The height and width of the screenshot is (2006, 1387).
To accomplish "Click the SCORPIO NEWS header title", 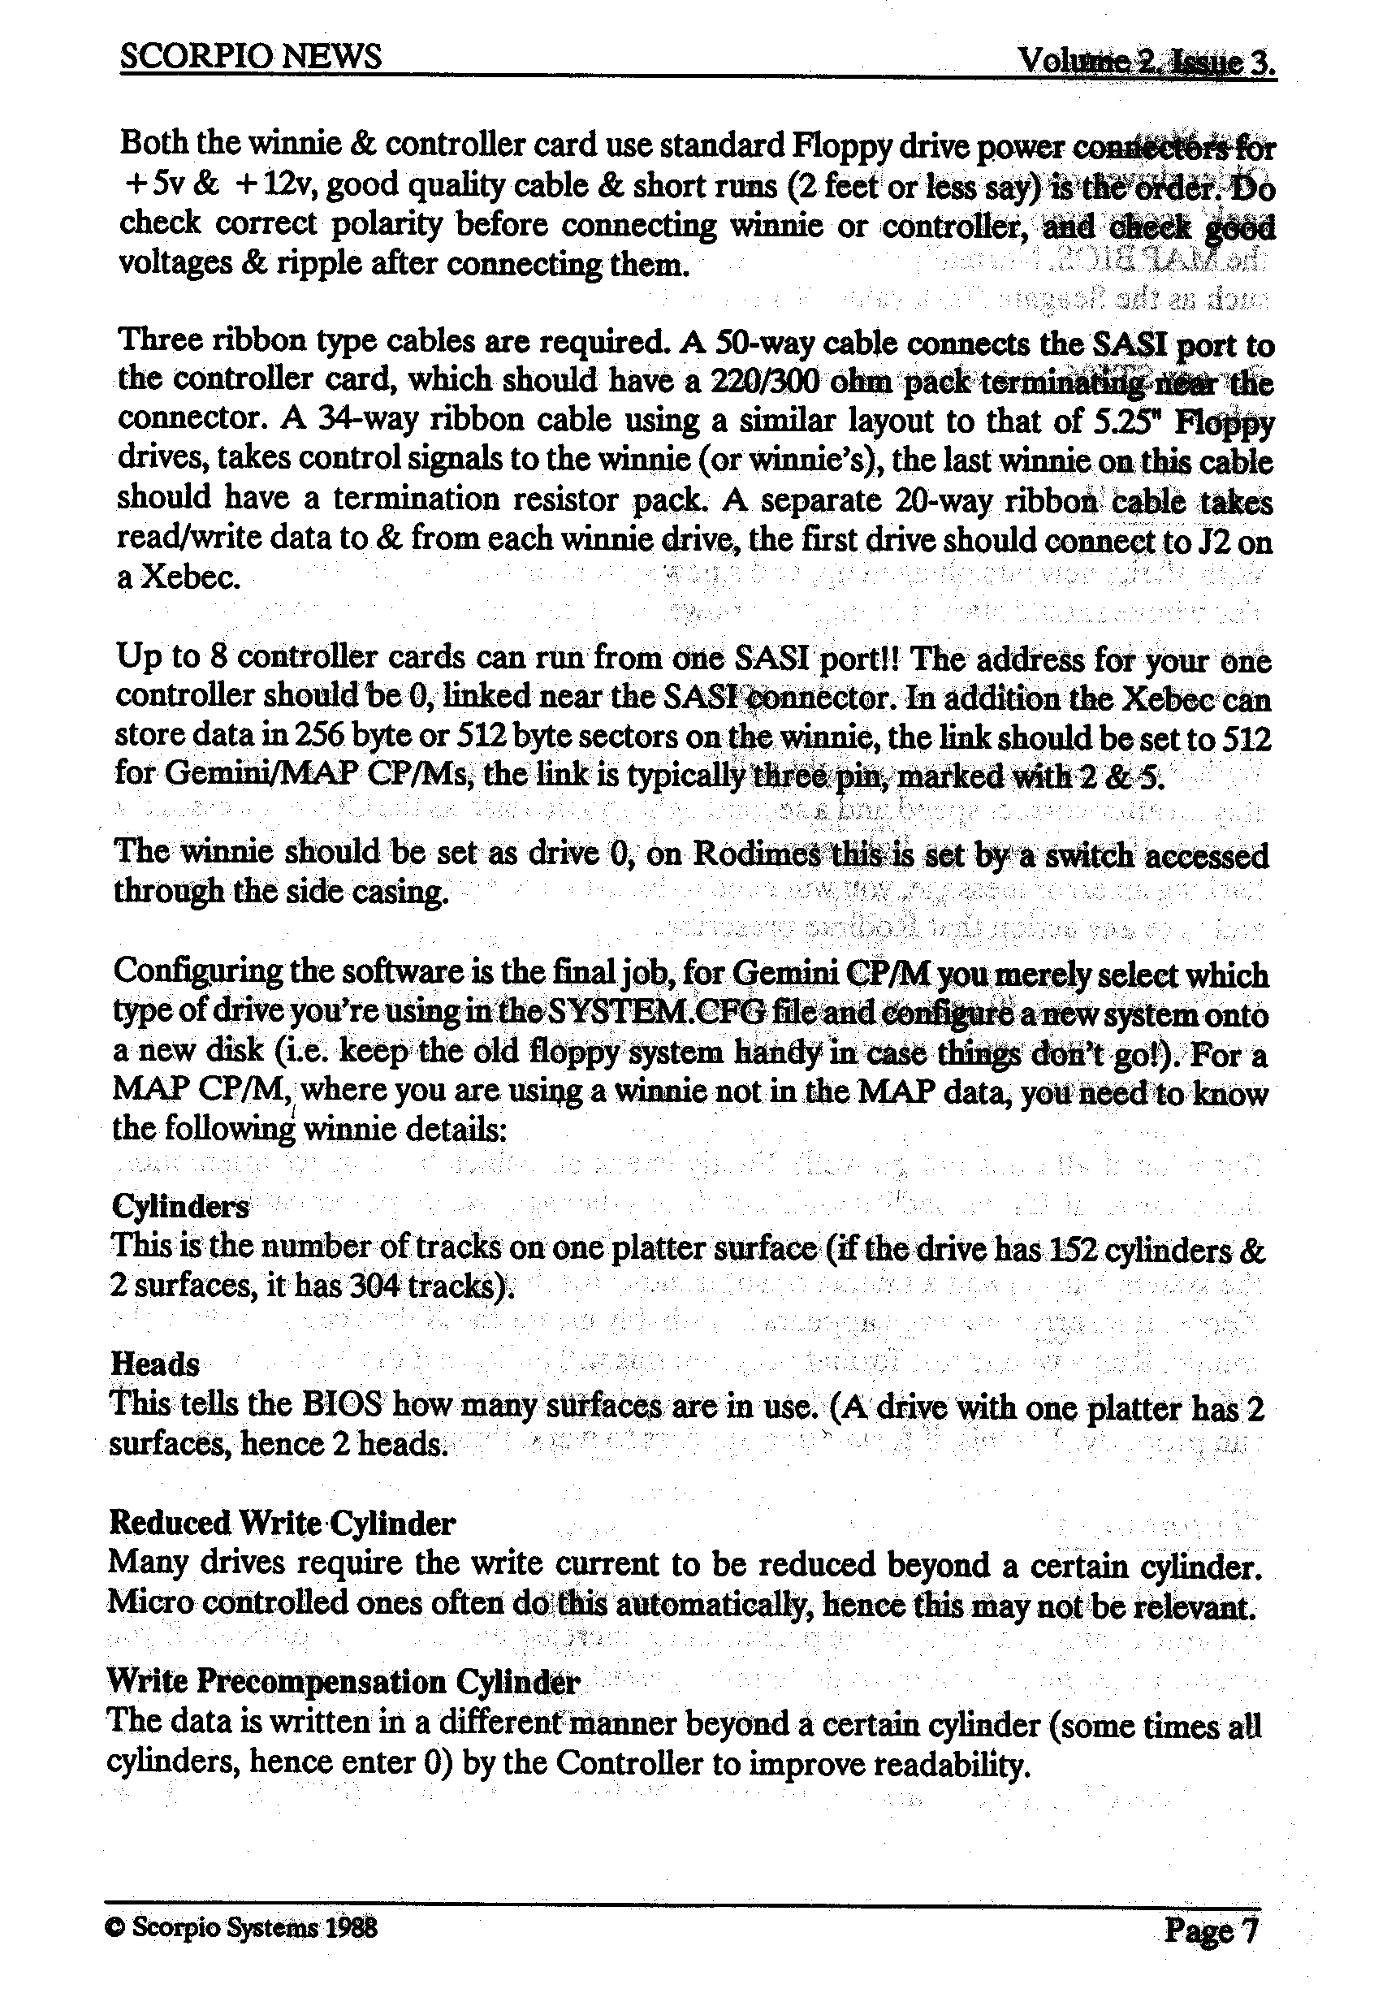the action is coord(250,58).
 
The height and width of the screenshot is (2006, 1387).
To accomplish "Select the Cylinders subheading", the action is coord(181,1206).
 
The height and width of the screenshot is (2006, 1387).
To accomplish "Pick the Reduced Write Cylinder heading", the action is coord(282,1523).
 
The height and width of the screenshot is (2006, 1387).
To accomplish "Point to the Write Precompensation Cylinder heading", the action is coord(343,1682).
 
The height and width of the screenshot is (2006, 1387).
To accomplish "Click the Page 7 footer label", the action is coord(1212,1930).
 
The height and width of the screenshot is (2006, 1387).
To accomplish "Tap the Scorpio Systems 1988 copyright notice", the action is coord(242,1929).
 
